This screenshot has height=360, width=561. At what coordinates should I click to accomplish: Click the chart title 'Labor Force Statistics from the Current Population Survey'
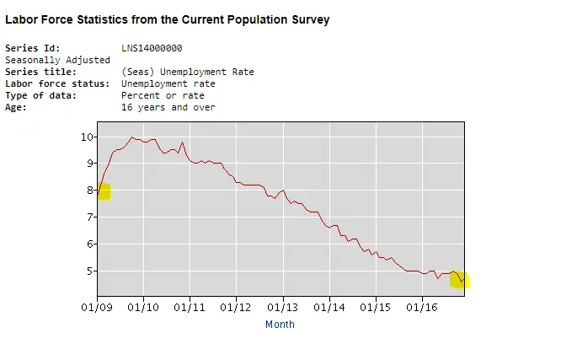coord(168,19)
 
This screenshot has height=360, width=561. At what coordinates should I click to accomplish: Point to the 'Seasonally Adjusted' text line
coord(57,61)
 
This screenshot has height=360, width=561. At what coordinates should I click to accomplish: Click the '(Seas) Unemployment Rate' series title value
coord(187,73)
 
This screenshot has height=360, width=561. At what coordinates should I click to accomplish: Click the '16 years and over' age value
coord(168,108)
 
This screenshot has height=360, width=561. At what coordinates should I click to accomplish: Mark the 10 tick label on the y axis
coord(87,137)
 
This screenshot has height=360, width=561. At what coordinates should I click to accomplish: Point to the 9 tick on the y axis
coord(89,164)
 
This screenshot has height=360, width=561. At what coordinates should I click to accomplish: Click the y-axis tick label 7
coord(89,218)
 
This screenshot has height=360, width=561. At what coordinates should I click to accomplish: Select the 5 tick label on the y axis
coord(89,271)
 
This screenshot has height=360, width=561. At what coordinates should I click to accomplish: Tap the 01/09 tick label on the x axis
coord(98,307)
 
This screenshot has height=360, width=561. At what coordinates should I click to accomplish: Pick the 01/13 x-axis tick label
coord(283,307)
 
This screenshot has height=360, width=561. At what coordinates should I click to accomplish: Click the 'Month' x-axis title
coord(280,325)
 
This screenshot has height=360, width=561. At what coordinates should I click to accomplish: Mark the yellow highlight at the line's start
coord(103,191)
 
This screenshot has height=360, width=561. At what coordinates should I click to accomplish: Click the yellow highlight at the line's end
coord(460,279)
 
